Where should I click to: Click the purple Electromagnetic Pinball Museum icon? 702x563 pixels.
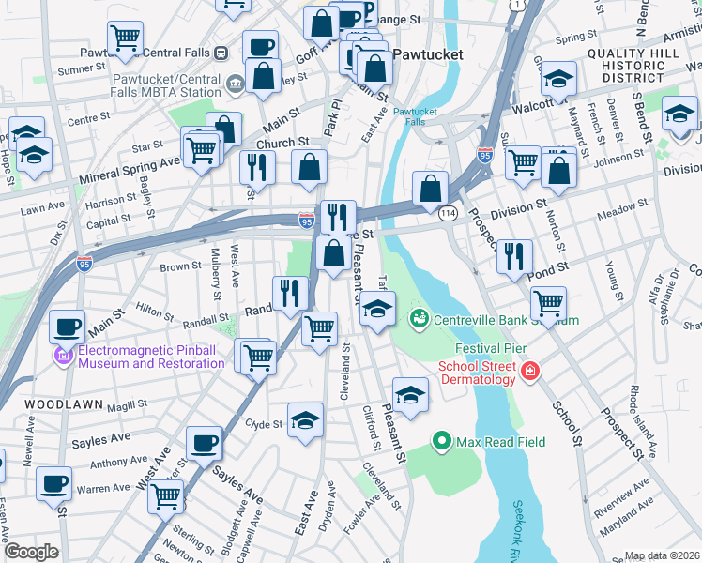[x=64, y=356]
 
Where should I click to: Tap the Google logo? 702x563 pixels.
[x=31, y=552]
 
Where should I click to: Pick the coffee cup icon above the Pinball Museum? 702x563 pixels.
[x=66, y=327]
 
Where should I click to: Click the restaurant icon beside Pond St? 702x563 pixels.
[x=513, y=256]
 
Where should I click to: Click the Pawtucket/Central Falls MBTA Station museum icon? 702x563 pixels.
[x=234, y=84]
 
